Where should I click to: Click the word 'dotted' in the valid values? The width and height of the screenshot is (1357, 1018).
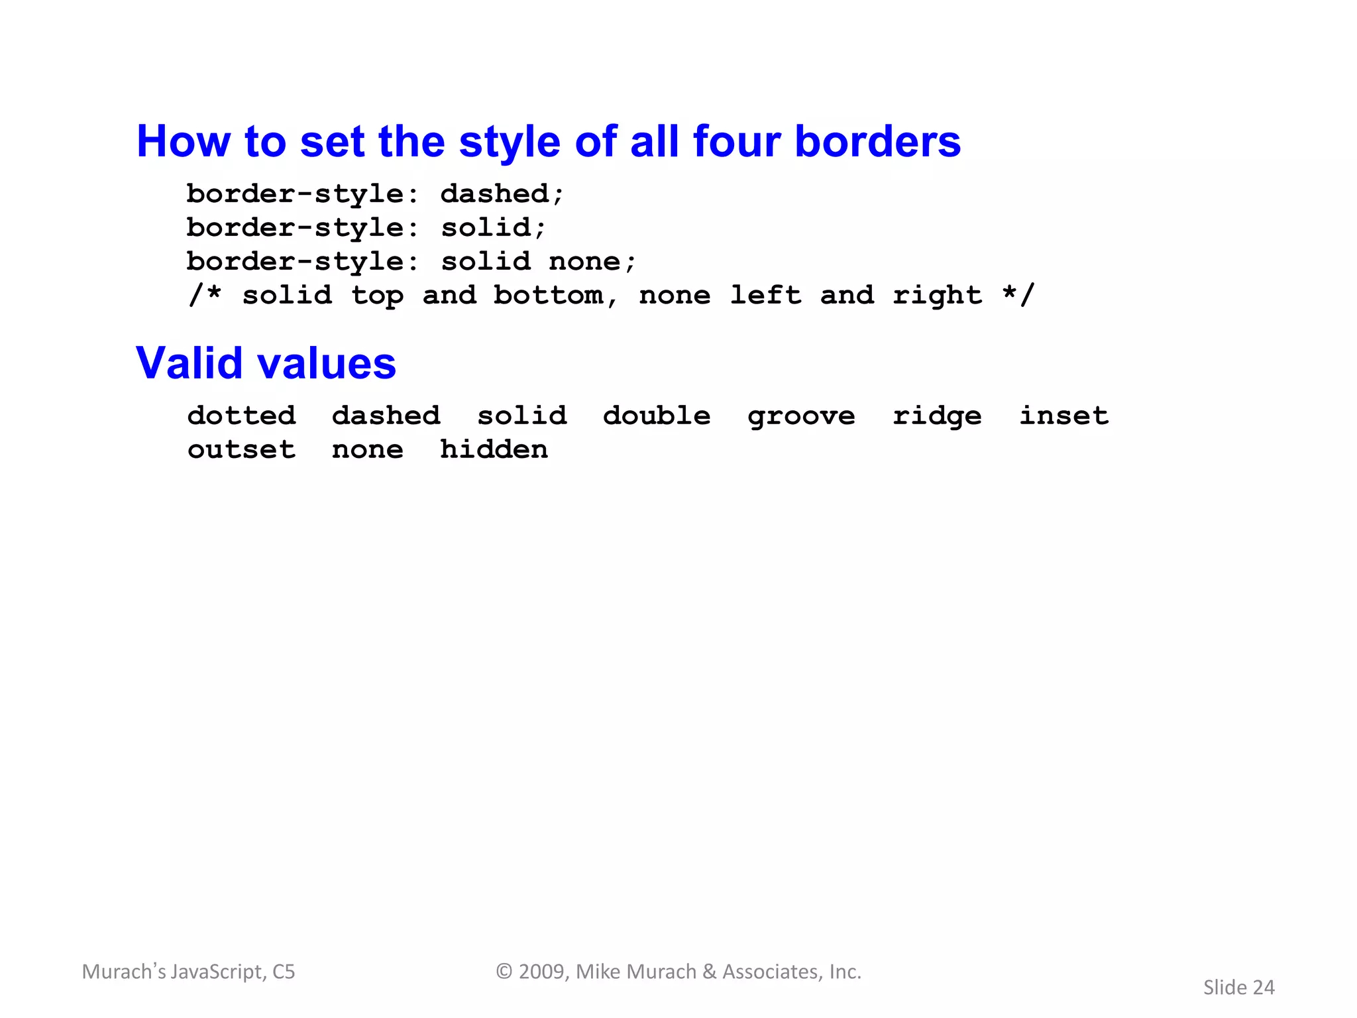click(241, 416)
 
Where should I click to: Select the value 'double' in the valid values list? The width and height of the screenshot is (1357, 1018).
click(657, 416)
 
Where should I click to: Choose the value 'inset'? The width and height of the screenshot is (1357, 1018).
click(1063, 416)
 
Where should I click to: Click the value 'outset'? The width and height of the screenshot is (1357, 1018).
click(241, 450)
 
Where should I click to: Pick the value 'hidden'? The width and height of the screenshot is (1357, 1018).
click(494, 449)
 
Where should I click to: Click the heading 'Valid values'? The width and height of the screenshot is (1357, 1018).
click(266, 363)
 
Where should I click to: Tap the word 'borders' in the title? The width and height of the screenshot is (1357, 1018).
click(877, 141)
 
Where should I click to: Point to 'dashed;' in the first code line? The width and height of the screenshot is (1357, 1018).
click(502, 194)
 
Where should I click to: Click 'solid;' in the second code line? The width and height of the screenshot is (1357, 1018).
click(494, 228)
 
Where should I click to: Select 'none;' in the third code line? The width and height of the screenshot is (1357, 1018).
click(592, 262)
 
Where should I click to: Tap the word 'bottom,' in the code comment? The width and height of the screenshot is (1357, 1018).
click(556, 296)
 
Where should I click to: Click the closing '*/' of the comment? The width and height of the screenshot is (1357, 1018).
click(1018, 296)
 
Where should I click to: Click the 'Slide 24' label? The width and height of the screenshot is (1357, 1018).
click(1238, 988)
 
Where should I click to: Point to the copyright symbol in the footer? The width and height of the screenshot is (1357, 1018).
click(504, 972)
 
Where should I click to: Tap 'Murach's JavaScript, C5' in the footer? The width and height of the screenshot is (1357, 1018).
click(188, 972)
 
